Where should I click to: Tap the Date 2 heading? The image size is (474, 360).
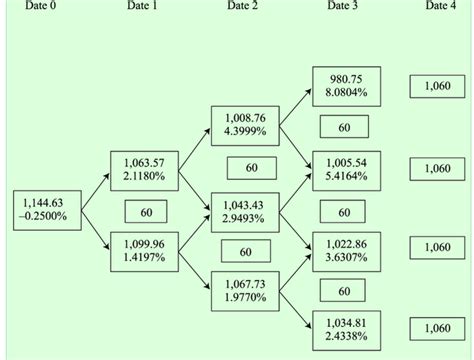point(242,6)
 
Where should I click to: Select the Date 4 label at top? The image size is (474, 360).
point(441,6)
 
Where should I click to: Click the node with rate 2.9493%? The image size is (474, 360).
point(244,210)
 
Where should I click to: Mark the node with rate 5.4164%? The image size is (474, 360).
point(345,169)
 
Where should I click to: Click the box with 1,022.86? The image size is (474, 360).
point(345,250)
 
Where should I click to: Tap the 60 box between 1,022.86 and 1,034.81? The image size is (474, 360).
point(345,291)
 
